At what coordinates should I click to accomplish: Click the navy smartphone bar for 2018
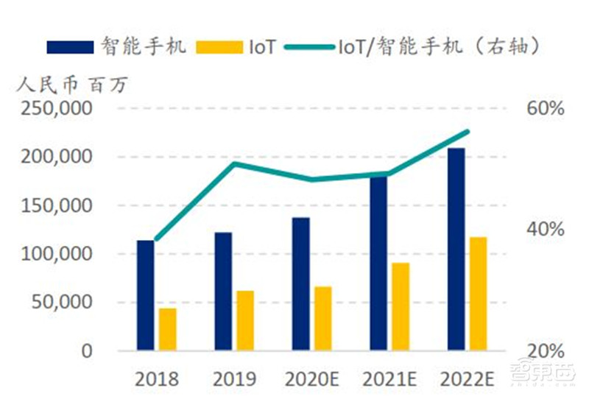pos(146,294)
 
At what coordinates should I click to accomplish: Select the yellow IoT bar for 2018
pos(168,329)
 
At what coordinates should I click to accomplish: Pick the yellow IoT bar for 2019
pos(245,320)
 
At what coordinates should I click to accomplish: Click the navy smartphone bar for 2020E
pos(300,283)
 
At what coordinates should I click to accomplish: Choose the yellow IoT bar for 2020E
pos(322,318)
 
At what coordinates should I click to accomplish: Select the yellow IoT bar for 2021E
pos(401,306)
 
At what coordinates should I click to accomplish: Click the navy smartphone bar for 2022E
pos(456,249)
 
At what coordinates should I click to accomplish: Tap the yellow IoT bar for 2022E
pos(479,293)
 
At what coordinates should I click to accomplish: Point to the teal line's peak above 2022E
pos(468,132)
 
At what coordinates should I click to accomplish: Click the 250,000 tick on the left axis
pos(63,109)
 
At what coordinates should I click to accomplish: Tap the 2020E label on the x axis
pos(311,379)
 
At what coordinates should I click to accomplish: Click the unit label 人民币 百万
pos(73,84)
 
